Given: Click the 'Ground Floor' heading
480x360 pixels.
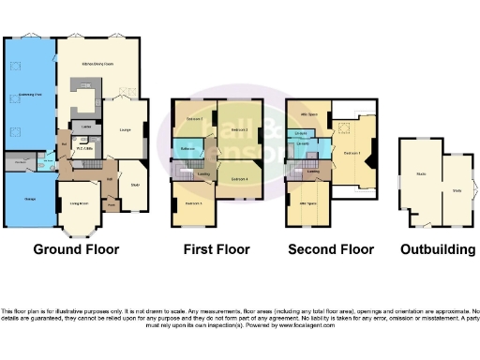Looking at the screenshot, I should [76, 249].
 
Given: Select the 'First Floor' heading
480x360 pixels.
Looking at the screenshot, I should [217, 249].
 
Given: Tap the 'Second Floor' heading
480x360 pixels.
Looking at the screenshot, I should [329, 249].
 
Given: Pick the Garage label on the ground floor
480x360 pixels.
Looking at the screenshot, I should [29, 199].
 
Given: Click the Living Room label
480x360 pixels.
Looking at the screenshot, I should [78, 202].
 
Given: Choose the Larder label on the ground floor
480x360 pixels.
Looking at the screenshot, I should [85, 126].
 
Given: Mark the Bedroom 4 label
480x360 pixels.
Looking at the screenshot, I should [239, 177].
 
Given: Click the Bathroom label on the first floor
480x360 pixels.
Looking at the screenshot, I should [187, 146].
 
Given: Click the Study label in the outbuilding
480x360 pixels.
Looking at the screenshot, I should [457, 190].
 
